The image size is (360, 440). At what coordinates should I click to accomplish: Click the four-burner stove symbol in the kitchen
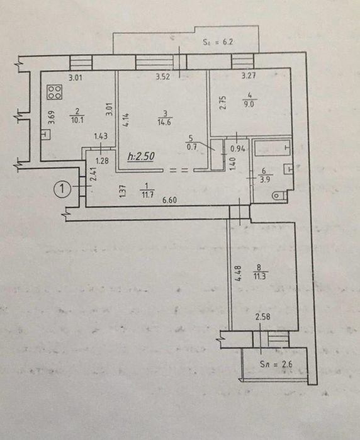click(x=55, y=93)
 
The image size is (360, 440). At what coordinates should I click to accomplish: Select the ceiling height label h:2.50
click(x=141, y=156)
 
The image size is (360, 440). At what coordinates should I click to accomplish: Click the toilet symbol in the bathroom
click(x=279, y=195)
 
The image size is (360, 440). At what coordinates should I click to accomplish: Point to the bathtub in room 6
click(x=273, y=148)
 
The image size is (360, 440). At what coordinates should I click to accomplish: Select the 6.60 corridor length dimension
click(x=170, y=200)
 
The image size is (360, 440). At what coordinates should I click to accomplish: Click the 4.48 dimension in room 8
click(x=238, y=274)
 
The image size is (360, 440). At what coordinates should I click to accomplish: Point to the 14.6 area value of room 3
click(x=164, y=122)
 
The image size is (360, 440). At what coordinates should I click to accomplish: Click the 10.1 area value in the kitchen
click(x=77, y=120)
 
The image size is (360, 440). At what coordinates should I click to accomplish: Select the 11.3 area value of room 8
click(x=261, y=276)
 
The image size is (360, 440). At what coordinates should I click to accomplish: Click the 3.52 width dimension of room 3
click(x=163, y=77)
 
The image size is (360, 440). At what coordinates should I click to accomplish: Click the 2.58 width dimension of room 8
click(x=263, y=317)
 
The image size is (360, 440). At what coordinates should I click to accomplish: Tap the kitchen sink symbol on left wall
click(x=46, y=135)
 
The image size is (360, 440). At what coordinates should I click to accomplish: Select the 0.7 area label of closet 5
click(x=192, y=147)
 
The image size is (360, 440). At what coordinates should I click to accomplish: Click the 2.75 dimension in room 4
click(x=223, y=103)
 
